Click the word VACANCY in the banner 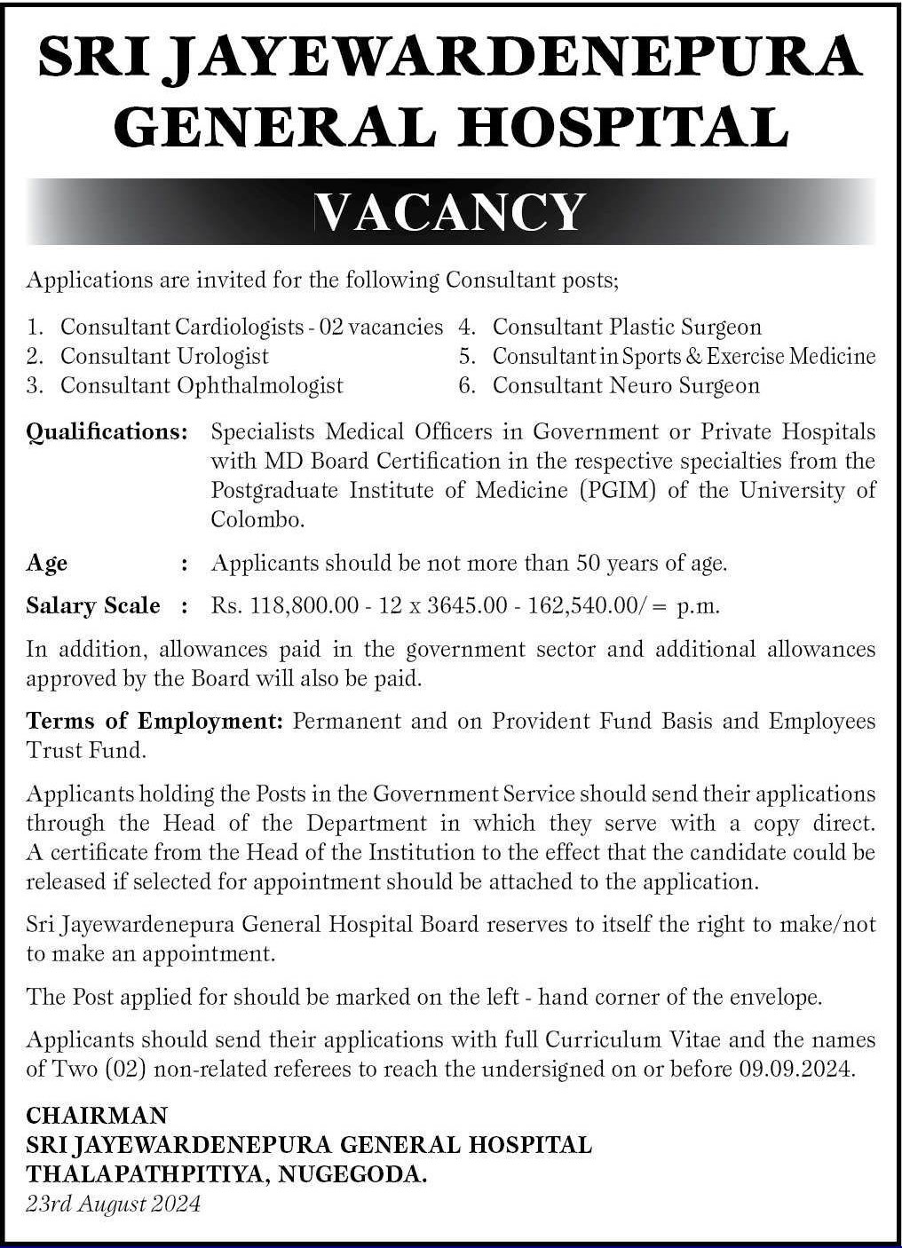(451, 212)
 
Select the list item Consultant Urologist (164, 356)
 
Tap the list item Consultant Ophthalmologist (202, 385)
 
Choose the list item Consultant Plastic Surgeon (627, 328)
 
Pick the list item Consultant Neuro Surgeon (626, 385)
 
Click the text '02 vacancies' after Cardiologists (381, 328)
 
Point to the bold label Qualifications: (107, 432)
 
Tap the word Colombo (257, 519)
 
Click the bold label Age (47, 563)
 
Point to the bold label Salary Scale (93, 606)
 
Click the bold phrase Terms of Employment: (154, 721)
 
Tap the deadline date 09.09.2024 (795, 1069)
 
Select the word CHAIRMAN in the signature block (97, 1115)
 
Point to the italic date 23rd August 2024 (113, 1204)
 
